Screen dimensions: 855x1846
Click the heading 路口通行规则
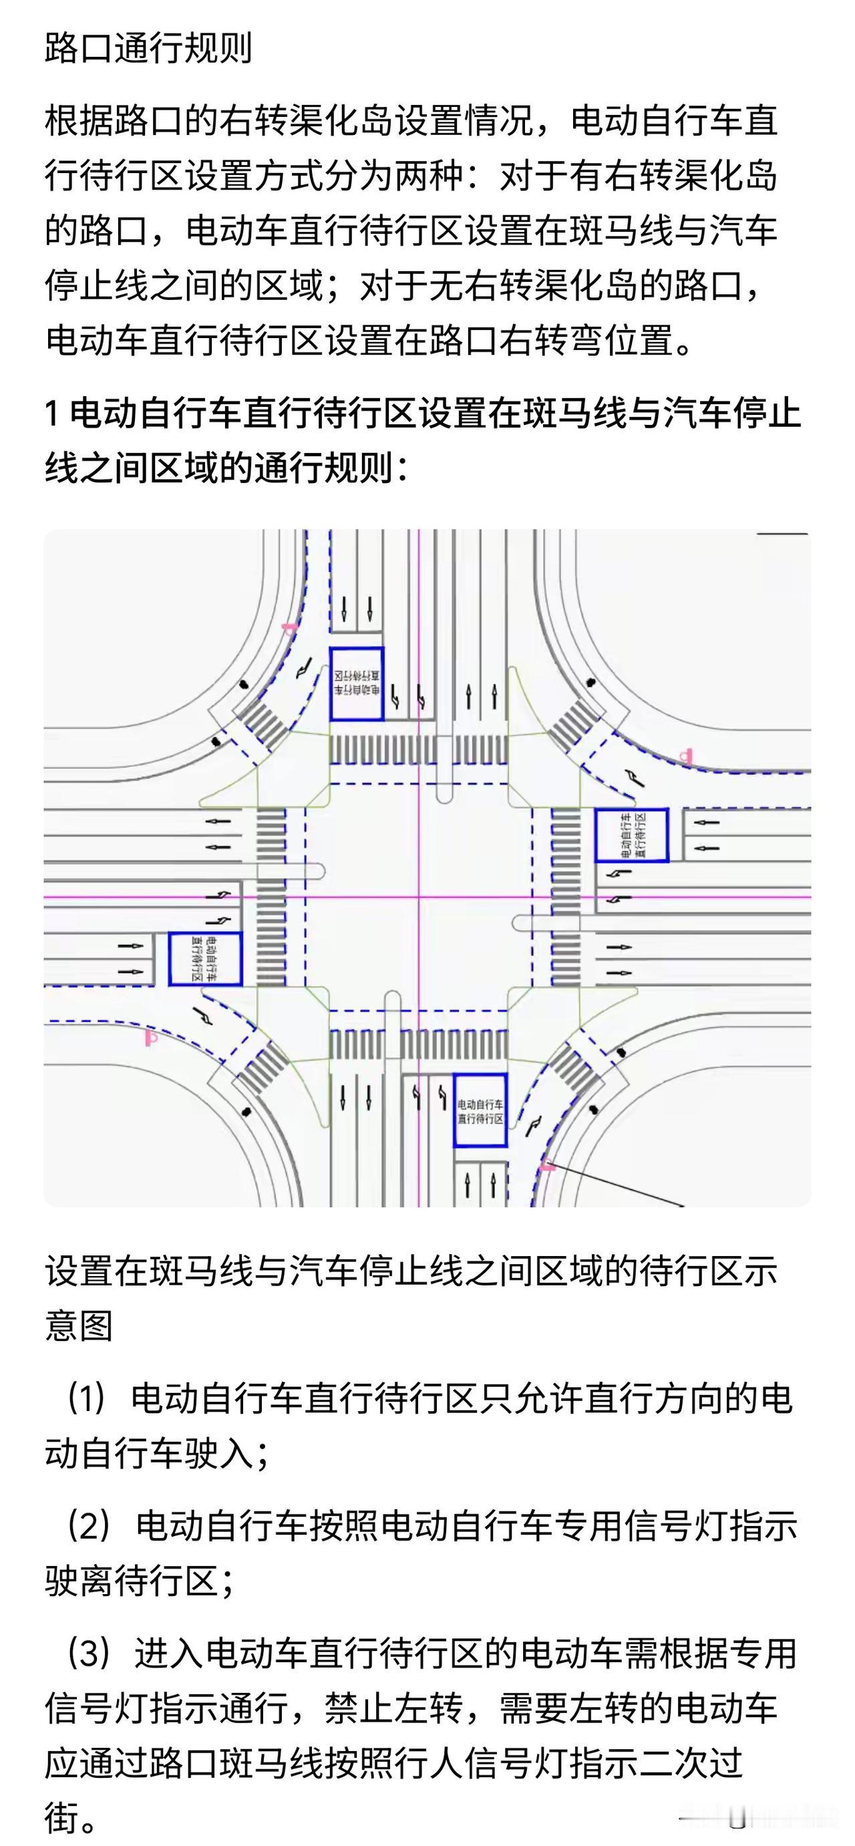pos(148,49)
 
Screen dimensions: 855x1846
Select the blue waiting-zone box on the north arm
pos(356,683)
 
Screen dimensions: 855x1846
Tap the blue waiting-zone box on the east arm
pos(631,835)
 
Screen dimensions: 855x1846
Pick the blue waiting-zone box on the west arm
pos(205,958)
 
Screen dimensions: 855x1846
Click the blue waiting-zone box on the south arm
pos(480,1110)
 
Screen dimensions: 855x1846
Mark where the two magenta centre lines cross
pos(419,896)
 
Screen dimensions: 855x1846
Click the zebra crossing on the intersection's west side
pos(271,896)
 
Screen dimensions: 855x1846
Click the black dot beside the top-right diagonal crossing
pos(590,683)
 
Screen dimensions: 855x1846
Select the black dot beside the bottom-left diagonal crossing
pos(246,1112)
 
